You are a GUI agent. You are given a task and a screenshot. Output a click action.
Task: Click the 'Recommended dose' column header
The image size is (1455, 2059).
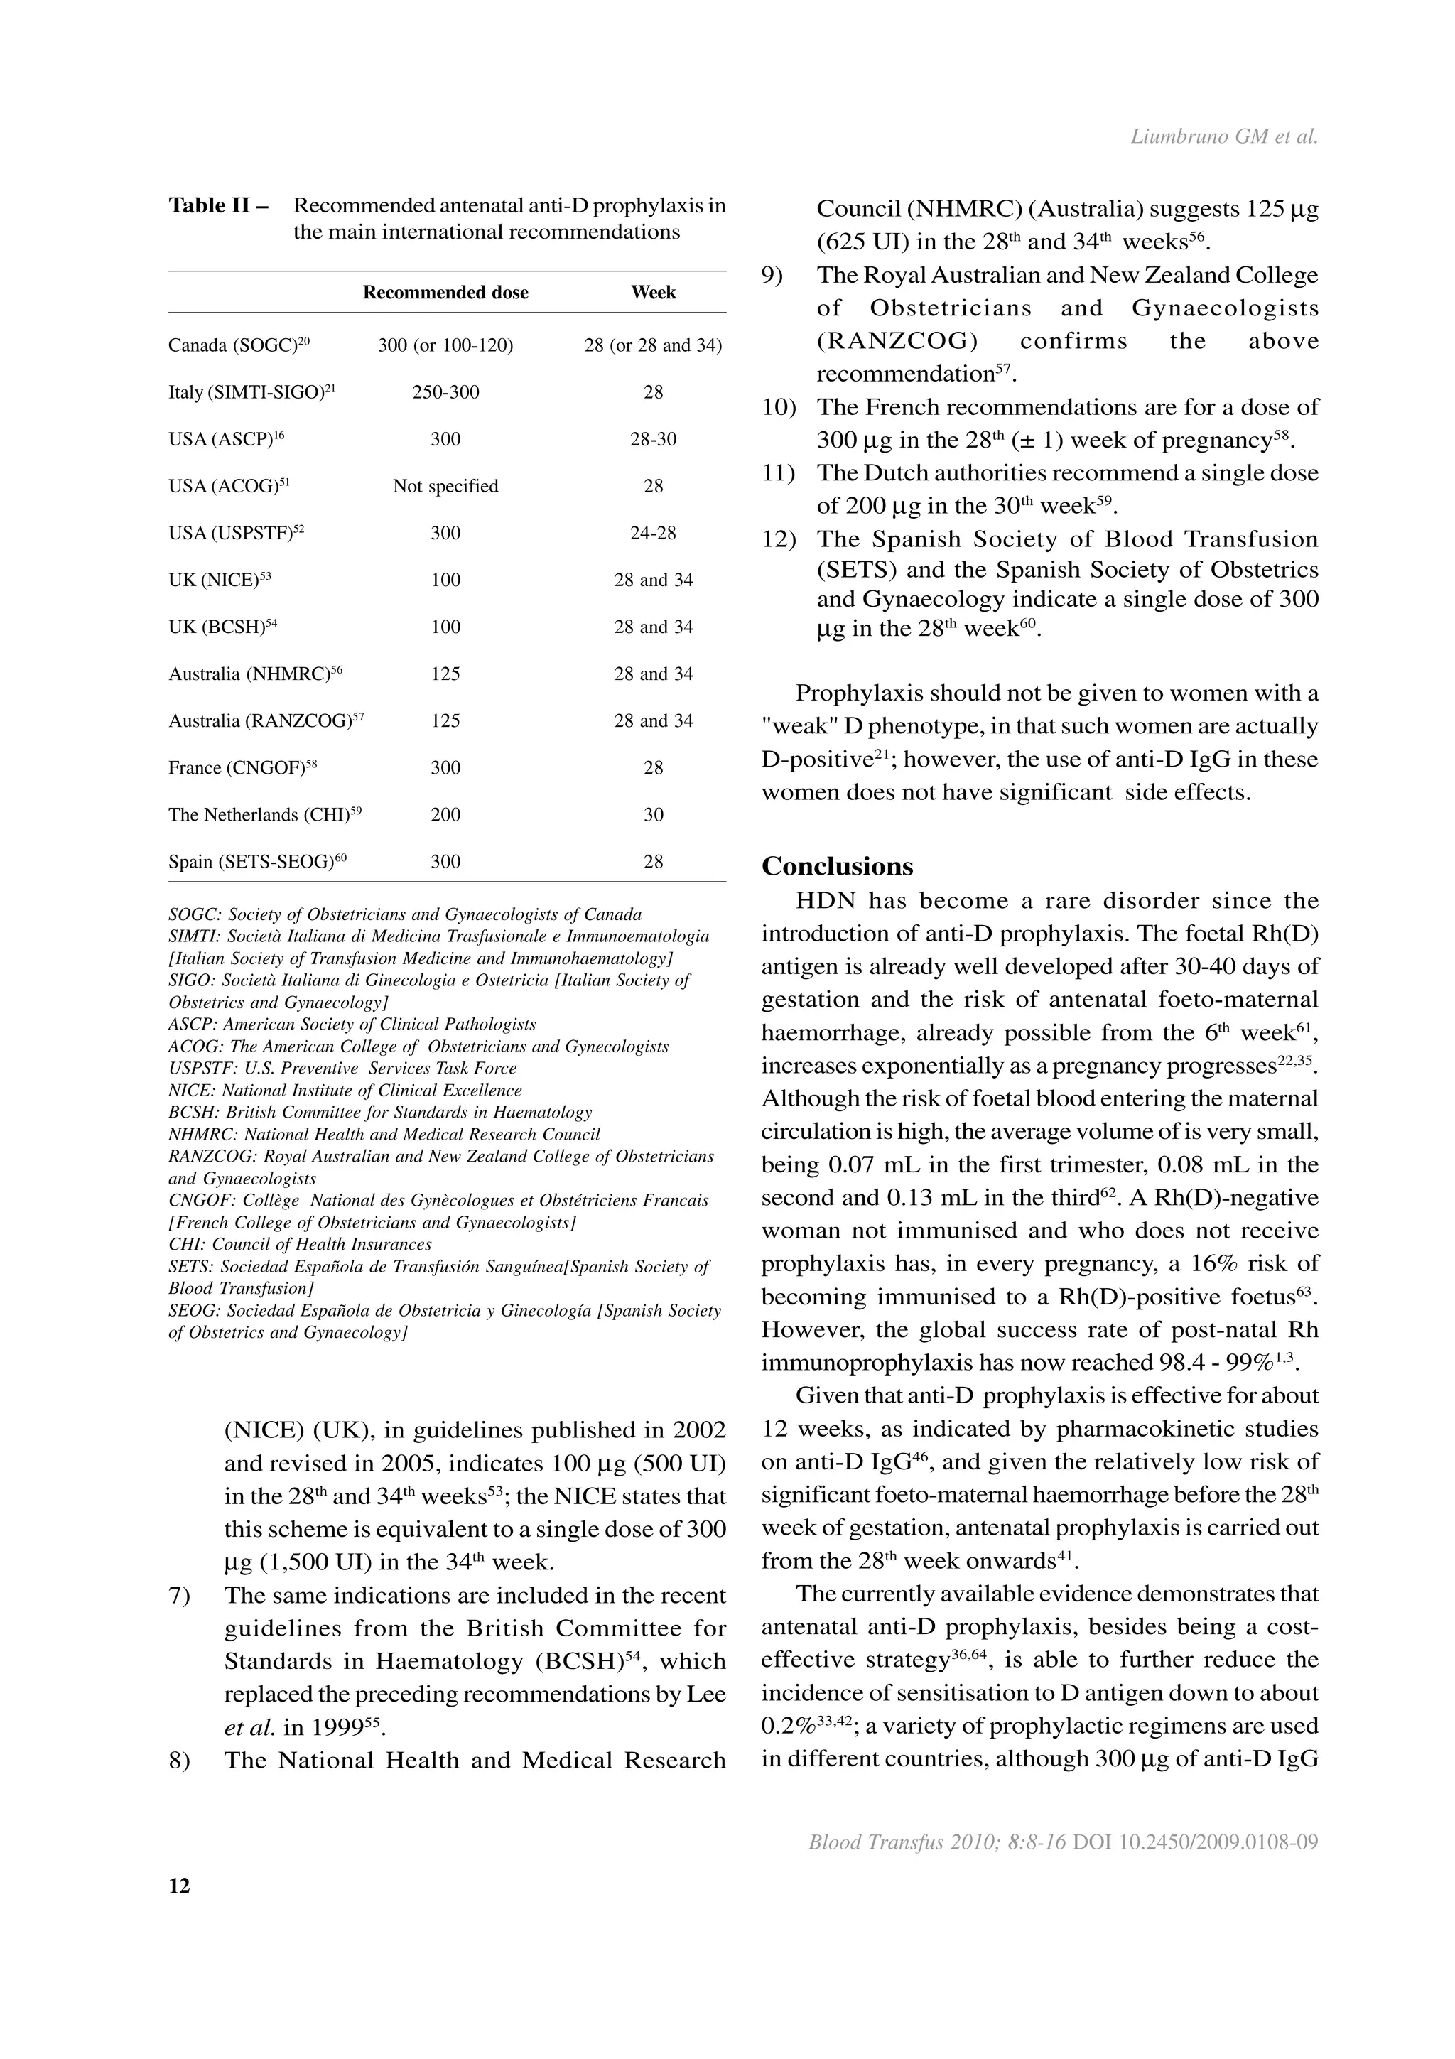(x=445, y=292)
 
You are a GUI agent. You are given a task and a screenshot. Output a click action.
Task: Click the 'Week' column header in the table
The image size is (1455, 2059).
(x=653, y=292)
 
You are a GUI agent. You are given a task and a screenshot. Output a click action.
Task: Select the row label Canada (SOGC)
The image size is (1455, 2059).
(x=239, y=345)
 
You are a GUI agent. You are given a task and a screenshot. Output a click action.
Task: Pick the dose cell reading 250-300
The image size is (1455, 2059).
(x=445, y=392)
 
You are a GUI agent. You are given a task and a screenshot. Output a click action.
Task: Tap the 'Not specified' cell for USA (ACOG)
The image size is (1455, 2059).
(x=445, y=486)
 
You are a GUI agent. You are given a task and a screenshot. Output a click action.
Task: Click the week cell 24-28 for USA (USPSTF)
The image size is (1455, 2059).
(x=653, y=533)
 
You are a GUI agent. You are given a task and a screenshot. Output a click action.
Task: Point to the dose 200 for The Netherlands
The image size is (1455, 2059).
(x=445, y=814)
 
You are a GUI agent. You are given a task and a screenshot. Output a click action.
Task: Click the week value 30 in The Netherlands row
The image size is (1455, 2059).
(x=653, y=814)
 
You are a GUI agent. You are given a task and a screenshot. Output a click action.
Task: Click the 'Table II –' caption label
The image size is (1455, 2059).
(x=219, y=205)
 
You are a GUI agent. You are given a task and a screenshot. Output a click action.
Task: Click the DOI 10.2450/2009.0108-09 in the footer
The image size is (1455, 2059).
(x=1195, y=1843)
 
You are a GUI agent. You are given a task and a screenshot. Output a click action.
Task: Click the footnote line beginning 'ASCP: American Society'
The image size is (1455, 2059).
(x=352, y=1024)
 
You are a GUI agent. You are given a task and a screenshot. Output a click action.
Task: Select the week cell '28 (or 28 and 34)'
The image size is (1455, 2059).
(x=653, y=345)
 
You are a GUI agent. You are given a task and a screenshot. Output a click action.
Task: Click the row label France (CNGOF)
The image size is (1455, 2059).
(x=242, y=767)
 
